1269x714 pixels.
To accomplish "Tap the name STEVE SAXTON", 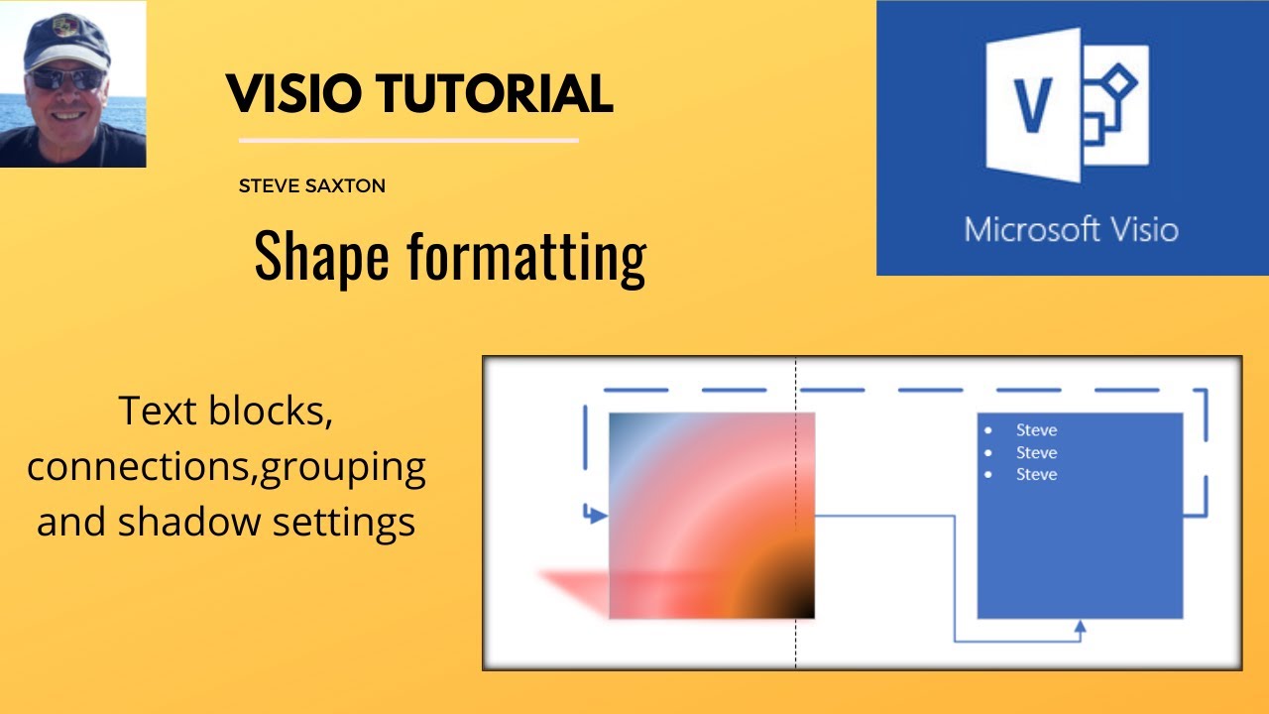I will (x=311, y=185).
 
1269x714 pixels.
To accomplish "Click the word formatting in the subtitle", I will (x=525, y=256).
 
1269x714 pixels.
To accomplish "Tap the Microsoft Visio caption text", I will (x=1071, y=230).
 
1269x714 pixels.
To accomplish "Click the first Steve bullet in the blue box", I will (x=1036, y=430).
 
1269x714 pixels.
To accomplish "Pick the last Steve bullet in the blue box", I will (x=1036, y=475).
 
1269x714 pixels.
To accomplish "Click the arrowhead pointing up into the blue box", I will (x=1080, y=627).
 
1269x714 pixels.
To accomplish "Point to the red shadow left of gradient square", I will (x=575, y=589).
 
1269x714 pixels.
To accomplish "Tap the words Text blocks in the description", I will (x=226, y=411).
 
